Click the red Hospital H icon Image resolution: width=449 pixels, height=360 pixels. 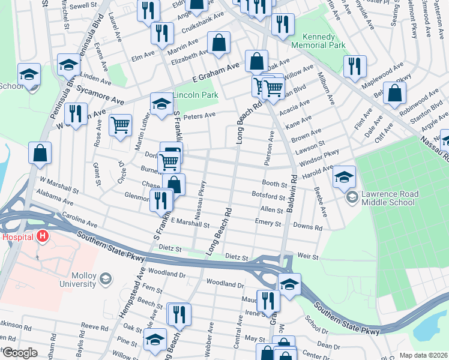[x=42, y=236]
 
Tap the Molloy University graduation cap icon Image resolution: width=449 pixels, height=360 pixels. [x=106, y=279]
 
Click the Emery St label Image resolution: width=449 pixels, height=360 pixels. [x=268, y=223]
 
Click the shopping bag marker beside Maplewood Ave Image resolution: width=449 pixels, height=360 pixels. [x=394, y=93]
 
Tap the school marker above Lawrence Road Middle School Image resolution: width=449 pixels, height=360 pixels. [x=345, y=176]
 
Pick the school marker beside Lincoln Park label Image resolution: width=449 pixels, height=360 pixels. [x=160, y=103]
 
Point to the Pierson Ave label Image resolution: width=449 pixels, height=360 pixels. [x=270, y=147]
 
